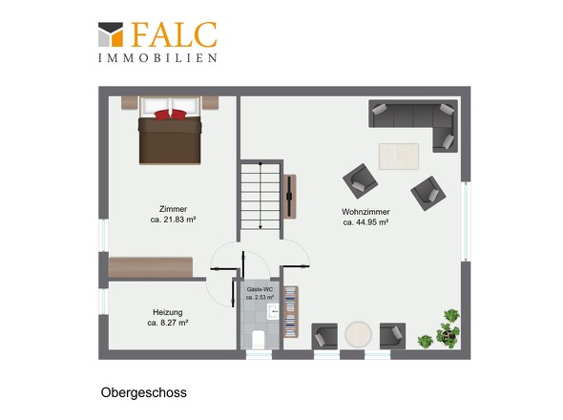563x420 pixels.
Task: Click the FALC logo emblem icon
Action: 111,34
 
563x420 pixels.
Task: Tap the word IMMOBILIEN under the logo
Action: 157,58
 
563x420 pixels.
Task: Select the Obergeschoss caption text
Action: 144,392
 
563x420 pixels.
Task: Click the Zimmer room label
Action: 173,209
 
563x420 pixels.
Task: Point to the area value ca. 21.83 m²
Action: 173,220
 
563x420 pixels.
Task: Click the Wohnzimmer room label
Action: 365,212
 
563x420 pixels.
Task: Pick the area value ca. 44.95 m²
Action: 365,222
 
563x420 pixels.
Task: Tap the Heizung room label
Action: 168,312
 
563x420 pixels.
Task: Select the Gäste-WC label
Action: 260,289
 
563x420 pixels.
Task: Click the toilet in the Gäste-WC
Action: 259,340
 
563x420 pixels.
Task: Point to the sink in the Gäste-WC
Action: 273,311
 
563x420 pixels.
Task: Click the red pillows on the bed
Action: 171,115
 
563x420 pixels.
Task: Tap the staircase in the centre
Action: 261,197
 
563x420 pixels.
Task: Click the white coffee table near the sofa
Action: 399,157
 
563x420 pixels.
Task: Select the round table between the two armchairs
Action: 359,334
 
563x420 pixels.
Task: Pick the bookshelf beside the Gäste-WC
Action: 291,311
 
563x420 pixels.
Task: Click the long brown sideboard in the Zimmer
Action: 151,267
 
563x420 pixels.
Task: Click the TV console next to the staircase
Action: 289,197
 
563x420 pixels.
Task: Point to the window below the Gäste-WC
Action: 259,354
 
